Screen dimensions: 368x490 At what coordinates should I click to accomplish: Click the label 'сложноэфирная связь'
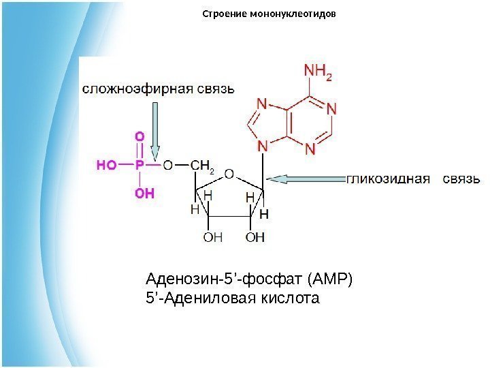(x=159, y=89)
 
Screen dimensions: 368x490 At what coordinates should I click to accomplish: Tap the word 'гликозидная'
(x=389, y=179)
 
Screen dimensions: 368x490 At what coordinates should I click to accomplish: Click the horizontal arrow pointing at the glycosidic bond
(x=307, y=179)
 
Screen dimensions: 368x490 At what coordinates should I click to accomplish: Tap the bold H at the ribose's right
(x=264, y=214)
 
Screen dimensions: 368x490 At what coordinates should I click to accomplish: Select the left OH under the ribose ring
(x=213, y=238)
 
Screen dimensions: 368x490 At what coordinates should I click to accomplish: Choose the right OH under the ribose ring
(x=255, y=238)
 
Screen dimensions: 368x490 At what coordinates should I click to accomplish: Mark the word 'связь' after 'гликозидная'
(x=462, y=179)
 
